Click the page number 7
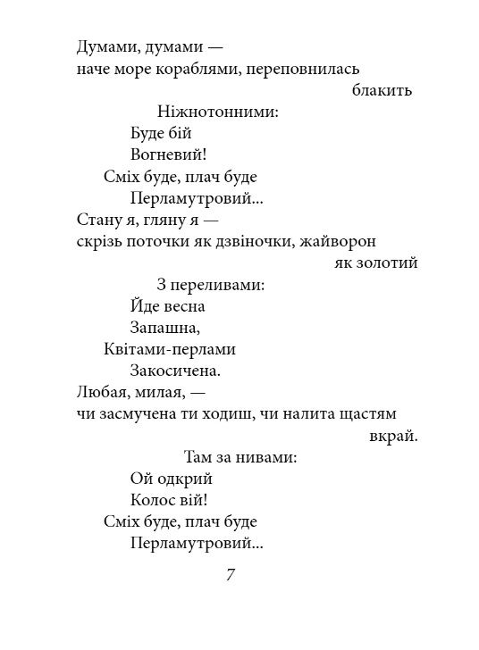[x=231, y=576]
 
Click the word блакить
[x=382, y=90]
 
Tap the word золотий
[x=388, y=262]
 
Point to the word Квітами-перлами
[x=170, y=349]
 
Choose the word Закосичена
[x=174, y=371]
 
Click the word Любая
[x=101, y=393]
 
